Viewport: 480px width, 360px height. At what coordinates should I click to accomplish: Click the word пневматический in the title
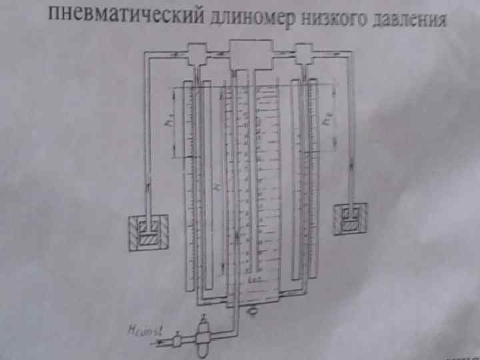[126, 15]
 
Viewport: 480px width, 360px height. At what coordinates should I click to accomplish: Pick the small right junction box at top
[304, 53]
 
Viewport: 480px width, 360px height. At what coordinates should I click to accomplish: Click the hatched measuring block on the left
[149, 233]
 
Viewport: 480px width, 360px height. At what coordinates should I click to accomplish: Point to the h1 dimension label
[171, 123]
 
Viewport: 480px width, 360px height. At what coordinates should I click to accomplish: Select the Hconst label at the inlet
[143, 330]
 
